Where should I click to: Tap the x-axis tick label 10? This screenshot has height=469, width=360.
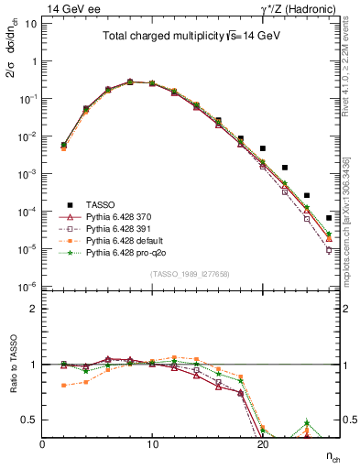point(152,442)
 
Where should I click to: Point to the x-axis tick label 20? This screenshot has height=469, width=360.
point(262,442)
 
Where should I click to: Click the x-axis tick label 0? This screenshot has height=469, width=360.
point(42,442)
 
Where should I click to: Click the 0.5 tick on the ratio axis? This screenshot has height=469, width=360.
point(30,420)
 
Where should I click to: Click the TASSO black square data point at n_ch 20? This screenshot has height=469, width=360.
point(263,147)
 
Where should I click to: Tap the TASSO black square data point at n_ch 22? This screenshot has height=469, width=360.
point(285,168)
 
